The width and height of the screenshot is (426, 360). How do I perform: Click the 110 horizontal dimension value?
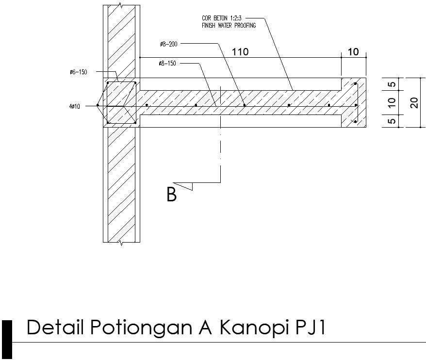point(240,52)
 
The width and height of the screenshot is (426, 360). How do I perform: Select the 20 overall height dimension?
point(414,102)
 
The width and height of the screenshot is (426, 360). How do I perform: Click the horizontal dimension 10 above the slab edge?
point(354,52)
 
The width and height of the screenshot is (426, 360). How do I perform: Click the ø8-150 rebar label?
point(168,64)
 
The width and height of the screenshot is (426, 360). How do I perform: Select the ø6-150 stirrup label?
point(78,72)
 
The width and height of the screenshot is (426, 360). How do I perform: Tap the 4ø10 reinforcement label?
point(75,105)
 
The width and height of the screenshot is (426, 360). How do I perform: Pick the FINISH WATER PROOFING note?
point(229,25)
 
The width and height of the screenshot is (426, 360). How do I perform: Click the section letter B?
point(171,195)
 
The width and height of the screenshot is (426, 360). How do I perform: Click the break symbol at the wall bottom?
point(121,242)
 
